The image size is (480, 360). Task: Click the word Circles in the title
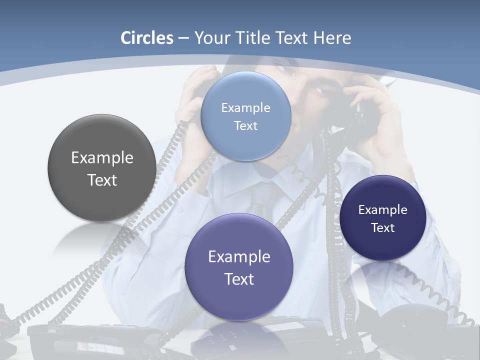[146, 38]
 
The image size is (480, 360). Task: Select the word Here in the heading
[332, 38]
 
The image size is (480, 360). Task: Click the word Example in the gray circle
[102, 158]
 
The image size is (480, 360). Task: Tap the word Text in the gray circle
[102, 180]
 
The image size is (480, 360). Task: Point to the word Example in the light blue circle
[245, 108]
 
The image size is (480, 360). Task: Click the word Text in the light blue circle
[245, 126]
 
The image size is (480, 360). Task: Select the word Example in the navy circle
[382, 210]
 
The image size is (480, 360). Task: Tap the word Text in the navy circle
[382, 228]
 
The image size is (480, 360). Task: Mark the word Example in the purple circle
[239, 257]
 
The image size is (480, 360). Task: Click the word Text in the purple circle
[239, 279]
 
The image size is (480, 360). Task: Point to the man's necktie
[262, 197]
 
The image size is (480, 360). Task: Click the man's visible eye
[319, 91]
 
